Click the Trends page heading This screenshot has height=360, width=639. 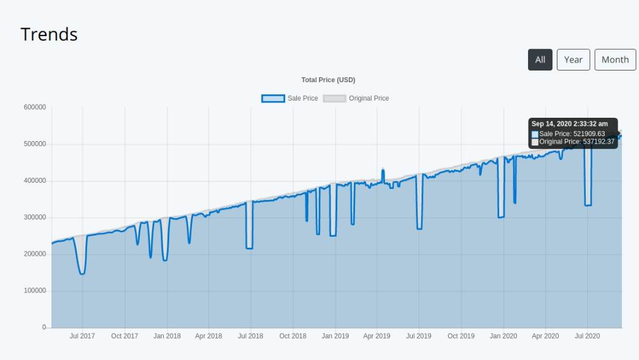[49, 34]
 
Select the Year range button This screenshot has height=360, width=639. [573, 59]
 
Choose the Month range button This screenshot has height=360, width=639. [614, 59]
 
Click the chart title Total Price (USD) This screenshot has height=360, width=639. [328, 80]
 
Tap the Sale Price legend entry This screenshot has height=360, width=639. [289, 98]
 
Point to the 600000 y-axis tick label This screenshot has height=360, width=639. [35, 107]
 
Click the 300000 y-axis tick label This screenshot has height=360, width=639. [35, 218]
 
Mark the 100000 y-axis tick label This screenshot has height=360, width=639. [35, 291]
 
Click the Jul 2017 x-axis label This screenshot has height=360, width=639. [82, 336]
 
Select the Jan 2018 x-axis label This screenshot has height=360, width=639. [167, 336]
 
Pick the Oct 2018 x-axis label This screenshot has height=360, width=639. [293, 336]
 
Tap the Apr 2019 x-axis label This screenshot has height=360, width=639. [377, 336]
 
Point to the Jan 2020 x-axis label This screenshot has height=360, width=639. [503, 336]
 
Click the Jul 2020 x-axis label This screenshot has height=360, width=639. [587, 336]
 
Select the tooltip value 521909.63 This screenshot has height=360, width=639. [589, 134]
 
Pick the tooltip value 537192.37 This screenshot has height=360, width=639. [594, 142]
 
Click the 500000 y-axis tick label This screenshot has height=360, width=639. [35, 144]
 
